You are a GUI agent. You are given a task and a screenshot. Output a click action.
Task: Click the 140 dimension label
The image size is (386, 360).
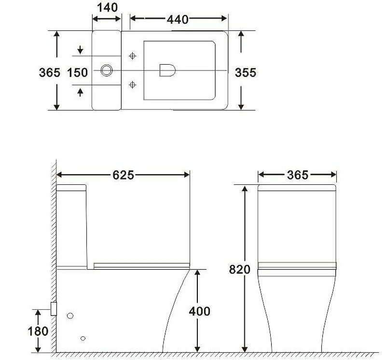(x=107, y=7)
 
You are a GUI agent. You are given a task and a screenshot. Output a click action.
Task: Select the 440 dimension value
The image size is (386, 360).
(x=178, y=19)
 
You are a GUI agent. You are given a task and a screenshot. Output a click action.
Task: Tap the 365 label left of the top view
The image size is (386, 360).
(x=49, y=72)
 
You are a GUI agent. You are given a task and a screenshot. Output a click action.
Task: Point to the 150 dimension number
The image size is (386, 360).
(x=78, y=72)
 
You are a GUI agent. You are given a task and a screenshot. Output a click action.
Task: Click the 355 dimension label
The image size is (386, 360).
(x=245, y=72)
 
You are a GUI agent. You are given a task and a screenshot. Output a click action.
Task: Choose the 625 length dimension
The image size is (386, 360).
(x=123, y=175)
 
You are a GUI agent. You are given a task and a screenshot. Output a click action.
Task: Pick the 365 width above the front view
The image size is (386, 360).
(x=297, y=175)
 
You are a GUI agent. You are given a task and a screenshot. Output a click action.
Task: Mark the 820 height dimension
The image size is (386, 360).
(x=240, y=269)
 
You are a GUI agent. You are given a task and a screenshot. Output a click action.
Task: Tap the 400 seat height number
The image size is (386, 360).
(x=199, y=311)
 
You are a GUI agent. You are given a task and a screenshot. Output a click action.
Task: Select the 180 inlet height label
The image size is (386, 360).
(x=38, y=331)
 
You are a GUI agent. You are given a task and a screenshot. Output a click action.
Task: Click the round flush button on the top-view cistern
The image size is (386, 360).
(x=107, y=71)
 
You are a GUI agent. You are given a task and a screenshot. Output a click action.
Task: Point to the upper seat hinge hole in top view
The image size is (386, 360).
(x=133, y=56)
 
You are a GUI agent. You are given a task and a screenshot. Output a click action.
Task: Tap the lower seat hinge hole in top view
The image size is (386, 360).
(x=133, y=85)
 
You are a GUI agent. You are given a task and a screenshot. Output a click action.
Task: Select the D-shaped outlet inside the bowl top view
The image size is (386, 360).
(x=166, y=71)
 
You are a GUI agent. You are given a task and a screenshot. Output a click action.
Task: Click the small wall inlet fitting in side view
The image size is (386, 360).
(x=54, y=308)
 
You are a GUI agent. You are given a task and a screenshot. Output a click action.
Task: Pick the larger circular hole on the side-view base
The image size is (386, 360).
(x=70, y=316)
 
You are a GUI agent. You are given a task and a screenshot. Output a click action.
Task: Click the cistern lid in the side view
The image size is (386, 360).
(x=71, y=188)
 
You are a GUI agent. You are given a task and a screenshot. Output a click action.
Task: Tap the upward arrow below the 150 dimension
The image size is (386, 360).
(x=80, y=91)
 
